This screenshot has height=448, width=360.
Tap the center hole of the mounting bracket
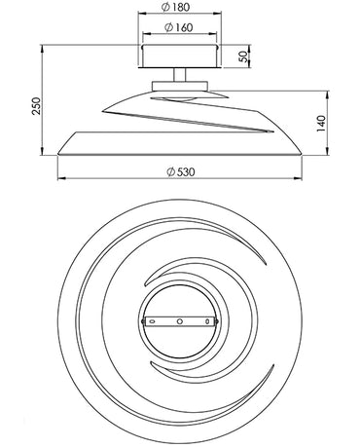(180, 320)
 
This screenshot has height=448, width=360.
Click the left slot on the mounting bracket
(149, 320)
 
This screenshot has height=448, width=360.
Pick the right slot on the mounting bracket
(210, 320)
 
